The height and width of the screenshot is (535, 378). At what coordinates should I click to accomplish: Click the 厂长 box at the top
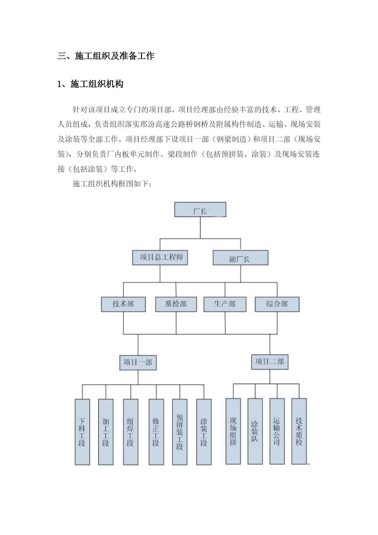pyautogui.click(x=200, y=210)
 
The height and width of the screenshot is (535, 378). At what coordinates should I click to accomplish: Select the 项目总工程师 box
pyautogui.click(x=160, y=257)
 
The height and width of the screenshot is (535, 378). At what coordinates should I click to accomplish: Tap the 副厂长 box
pyautogui.click(x=240, y=258)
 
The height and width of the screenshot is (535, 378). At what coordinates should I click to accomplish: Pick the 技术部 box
pyautogui.click(x=123, y=304)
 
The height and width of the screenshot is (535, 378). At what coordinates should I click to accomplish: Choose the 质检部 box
pyautogui.click(x=176, y=304)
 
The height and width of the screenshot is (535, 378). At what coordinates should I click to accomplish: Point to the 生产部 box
pyautogui.click(x=225, y=304)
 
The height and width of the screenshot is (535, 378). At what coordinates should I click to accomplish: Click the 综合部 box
pyautogui.click(x=277, y=304)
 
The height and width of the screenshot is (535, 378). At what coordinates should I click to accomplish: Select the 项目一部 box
pyautogui.click(x=138, y=363)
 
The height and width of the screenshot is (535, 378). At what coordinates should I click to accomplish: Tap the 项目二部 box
pyautogui.click(x=270, y=362)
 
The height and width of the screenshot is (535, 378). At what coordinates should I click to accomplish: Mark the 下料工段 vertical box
pyautogui.click(x=82, y=432)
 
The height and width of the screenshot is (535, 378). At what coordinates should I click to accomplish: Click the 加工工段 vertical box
pyautogui.click(x=106, y=432)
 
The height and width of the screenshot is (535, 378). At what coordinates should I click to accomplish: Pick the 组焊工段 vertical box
pyautogui.click(x=131, y=432)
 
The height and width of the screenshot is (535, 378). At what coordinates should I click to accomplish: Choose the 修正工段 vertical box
pyautogui.click(x=156, y=432)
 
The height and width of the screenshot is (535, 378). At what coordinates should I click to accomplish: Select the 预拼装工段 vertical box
pyautogui.click(x=180, y=432)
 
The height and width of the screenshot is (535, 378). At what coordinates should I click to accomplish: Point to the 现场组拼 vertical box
pyautogui.click(x=233, y=431)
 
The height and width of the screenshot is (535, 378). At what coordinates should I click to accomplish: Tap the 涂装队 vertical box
pyautogui.click(x=255, y=431)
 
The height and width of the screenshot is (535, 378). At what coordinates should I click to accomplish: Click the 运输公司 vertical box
pyautogui.click(x=277, y=431)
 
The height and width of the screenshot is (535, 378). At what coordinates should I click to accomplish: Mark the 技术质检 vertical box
pyautogui.click(x=299, y=431)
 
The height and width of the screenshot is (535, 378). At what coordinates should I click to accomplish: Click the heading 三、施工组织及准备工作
pyautogui.click(x=106, y=56)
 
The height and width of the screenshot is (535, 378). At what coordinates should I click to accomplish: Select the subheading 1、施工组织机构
pyautogui.click(x=90, y=84)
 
